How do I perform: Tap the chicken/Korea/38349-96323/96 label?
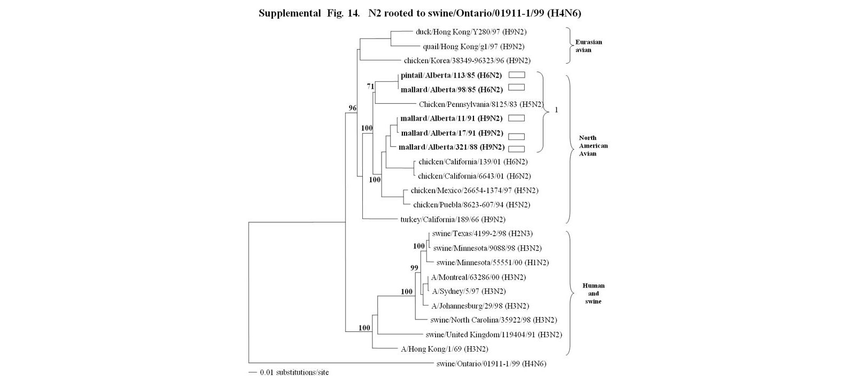click(x=467, y=61)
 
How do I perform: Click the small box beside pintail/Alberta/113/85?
click(x=516, y=75)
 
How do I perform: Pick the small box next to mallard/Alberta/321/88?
click(x=516, y=149)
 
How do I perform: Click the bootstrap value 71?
click(x=370, y=86)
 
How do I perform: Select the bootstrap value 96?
click(x=353, y=108)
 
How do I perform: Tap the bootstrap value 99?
click(x=414, y=268)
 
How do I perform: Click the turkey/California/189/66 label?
click(x=453, y=219)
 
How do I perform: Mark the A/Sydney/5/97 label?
click(x=469, y=291)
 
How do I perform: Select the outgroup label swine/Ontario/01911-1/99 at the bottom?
click(x=491, y=364)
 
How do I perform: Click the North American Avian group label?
click(x=593, y=145)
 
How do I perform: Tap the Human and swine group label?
click(x=593, y=293)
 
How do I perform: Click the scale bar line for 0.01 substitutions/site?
click(x=253, y=372)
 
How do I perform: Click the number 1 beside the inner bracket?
click(x=556, y=110)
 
